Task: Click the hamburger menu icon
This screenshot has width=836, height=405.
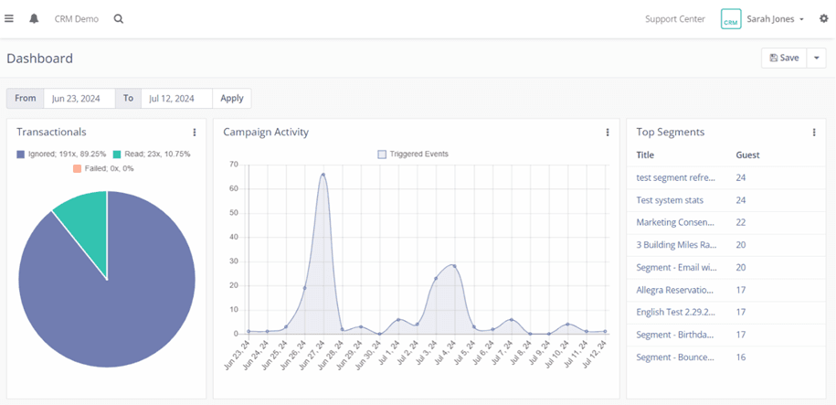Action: [9, 18]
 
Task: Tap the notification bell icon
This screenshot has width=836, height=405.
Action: [34, 18]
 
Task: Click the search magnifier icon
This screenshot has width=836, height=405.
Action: [119, 18]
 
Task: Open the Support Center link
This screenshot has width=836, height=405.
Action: [674, 18]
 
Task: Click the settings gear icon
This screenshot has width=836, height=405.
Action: [823, 18]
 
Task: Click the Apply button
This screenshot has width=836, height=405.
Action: [232, 98]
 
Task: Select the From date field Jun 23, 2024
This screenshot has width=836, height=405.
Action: [79, 98]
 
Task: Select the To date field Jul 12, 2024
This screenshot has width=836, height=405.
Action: [176, 98]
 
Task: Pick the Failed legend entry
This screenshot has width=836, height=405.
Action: [103, 168]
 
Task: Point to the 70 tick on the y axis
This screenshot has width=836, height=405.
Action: [233, 165]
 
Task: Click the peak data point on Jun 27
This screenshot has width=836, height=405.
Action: [323, 175]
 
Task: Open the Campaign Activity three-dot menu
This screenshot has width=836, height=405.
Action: [608, 133]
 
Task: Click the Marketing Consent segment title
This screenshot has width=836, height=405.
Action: [676, 222]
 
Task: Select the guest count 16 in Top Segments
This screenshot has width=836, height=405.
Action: [741, 357]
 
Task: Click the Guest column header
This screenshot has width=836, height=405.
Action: [747, 155]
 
